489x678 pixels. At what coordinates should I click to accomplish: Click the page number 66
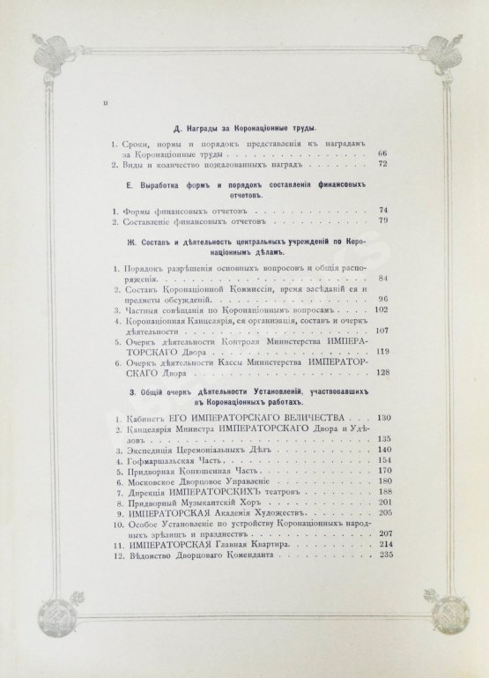[382, 153]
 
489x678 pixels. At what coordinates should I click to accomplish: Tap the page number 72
[382, 164]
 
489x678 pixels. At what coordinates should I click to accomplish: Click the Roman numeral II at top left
[105, 104]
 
